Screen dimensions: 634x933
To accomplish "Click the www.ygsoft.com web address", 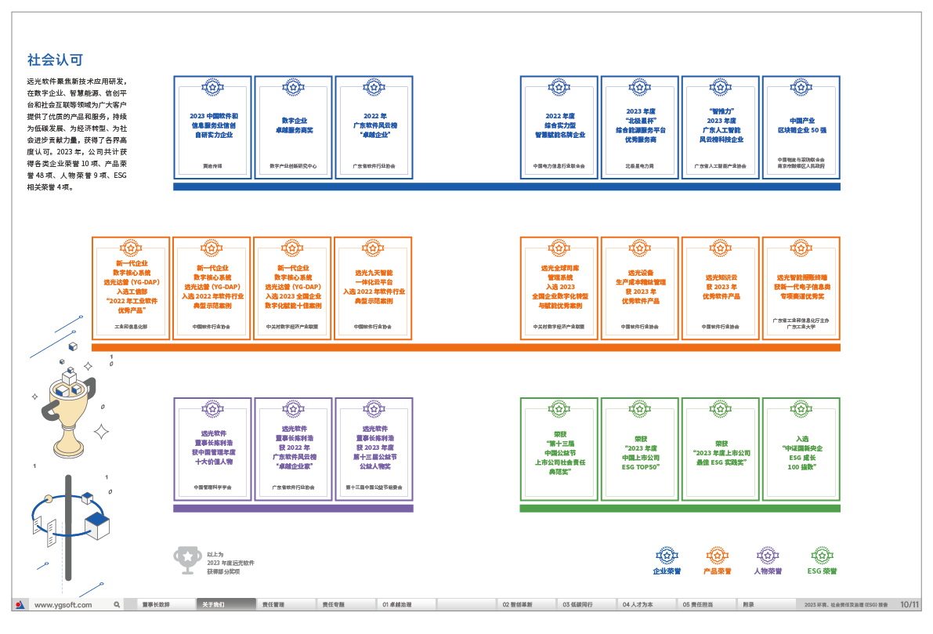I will tap(63, 605).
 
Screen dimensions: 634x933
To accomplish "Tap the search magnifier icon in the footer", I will tap(117, 605).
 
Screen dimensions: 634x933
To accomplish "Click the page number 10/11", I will tap(909, 605).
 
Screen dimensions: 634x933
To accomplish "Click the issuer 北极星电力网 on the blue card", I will tap(640, 166).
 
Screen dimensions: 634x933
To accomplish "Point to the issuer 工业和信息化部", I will tap(131, 326).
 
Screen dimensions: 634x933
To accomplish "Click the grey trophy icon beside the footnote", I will tap(187, 557).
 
